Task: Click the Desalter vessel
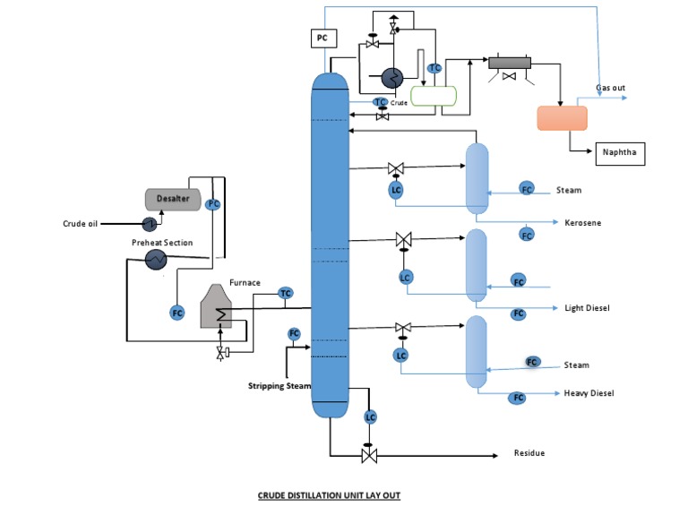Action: click(x=173, y=198)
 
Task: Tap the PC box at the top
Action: click(x=322, y=38)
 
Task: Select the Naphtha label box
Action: click(x=620, y=153)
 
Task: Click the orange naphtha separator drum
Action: click(x=562, y=118)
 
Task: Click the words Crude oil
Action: click(x=80, y=224)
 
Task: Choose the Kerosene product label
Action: click(x=582, y=222)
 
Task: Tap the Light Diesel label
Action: click(x=587, y=308)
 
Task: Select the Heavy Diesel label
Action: click(x=589, y=393)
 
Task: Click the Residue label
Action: click(x=529, y=453)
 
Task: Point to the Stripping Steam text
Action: click(x=279, y=386)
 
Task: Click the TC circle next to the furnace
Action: click(x=286, y=293)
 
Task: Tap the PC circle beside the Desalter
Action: click(x=213, y=204)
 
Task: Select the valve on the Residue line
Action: click(x=367, y=455)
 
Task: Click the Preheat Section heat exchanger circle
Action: click(x=156, y=259)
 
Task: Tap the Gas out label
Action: click(x=611, y=88)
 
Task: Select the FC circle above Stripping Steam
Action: click(x=294, y=334)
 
